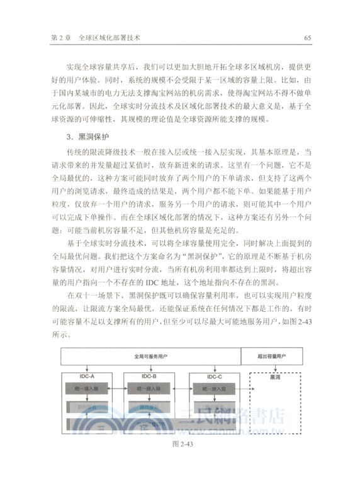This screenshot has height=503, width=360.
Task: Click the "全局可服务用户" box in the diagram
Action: (150, 356)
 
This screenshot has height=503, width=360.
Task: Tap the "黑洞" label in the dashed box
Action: (275, 378)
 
